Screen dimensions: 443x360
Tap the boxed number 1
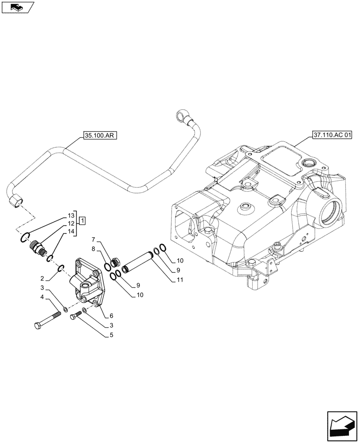point(82,220)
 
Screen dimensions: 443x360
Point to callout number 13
point(71,215)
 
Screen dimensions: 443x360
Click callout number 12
point(71,224)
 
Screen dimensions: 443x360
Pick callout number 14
point(71,232)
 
